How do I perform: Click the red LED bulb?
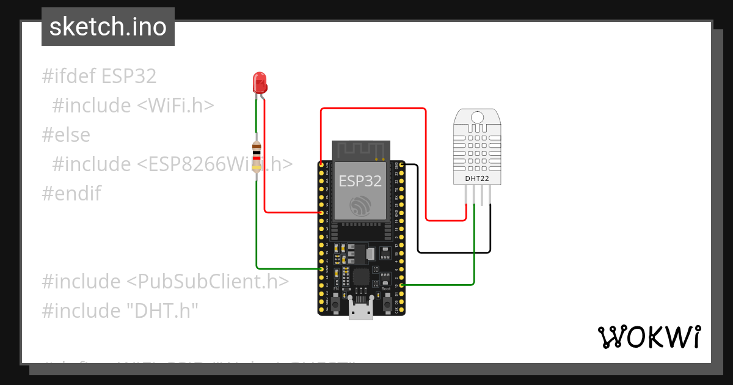click(x=260, y=82)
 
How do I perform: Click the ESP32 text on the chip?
click(x=360, y=181)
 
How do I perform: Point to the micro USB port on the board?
click(x=361, y=309)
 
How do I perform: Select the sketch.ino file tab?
click(x=108, y=27)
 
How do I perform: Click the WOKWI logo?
click(x=649, y=337)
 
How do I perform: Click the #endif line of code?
click(x=71, y=194)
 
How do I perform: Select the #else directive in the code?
click(x=66, y=135)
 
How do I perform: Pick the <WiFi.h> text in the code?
click(x=175, y=106)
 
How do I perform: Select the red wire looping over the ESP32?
click(x=373, y=109)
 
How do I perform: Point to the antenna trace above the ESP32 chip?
click(x=360, y=148)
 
